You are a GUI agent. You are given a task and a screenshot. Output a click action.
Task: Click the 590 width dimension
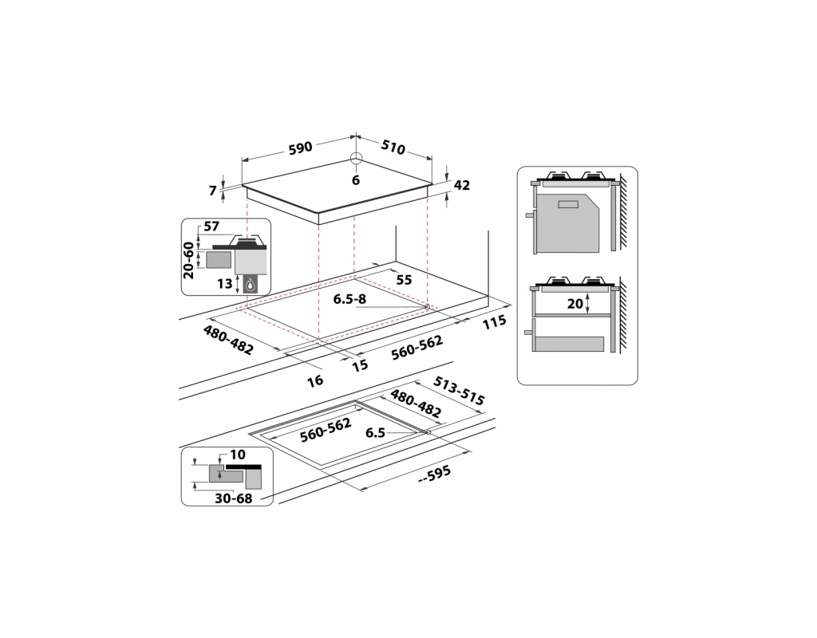coord(300,148)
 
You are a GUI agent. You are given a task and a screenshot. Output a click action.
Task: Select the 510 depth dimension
coord(393,148)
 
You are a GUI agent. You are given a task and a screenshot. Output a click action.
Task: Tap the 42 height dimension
coord(461,186)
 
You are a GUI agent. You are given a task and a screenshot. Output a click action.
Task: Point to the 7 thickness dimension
coord(213,191)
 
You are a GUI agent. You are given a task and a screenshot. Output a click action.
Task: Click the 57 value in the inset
coord(211,227)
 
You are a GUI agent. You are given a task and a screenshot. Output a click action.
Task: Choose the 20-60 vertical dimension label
coord(189,259)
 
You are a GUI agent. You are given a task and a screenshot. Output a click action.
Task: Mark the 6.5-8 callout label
coord(349,300)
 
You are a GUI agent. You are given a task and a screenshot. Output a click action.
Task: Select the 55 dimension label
coord(404,280)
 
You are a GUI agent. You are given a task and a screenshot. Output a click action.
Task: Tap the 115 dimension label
coord(495,321)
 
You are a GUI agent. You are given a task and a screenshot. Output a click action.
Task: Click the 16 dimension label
coord(316,381)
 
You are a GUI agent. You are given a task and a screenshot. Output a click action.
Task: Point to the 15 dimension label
coord(360,365)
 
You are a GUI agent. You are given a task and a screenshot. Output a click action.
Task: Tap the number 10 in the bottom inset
coord(238,455)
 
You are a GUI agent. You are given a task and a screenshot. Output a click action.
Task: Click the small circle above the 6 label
coord(356,158)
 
